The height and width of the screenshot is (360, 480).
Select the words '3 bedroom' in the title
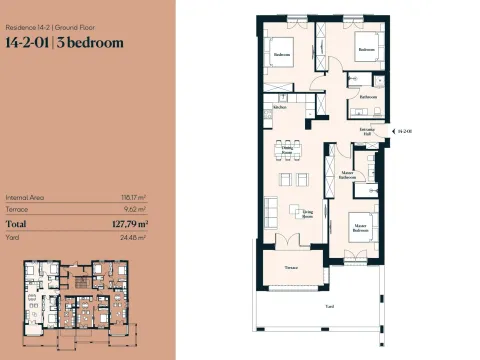[91, 43]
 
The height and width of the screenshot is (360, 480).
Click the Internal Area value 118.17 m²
[134, 197]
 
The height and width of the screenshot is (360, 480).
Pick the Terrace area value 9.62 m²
[135, 210]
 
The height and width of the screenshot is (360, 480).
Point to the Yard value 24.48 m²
[134, 238]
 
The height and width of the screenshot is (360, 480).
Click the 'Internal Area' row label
[24, 197]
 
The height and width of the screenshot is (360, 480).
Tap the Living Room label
[309, 212]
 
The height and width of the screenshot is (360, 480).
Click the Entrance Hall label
[368, 131]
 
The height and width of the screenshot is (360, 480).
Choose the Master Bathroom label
[347, 176]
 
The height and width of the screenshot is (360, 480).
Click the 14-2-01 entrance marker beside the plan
[404, 131]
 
